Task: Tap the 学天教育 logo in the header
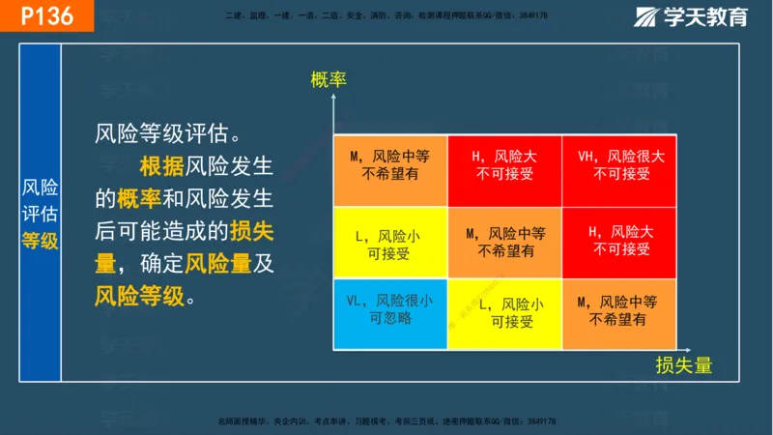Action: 690,16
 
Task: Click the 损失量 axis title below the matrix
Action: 683,364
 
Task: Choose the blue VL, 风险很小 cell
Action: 389,311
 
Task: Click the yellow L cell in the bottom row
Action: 504,311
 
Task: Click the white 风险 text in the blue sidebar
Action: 41,188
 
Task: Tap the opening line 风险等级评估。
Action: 166,132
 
